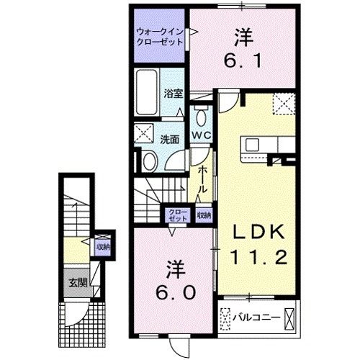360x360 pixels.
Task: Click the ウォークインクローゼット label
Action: click(160, 36)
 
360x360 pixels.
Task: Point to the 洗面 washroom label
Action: click(170, 139)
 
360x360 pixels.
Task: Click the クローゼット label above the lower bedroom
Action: click(177, 214)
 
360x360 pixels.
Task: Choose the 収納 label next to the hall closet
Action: click(204, 214)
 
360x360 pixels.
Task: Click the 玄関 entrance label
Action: click(78, 283)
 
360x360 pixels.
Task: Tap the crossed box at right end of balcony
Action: click(290, 318)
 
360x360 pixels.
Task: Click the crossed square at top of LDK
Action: click(284, 105)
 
